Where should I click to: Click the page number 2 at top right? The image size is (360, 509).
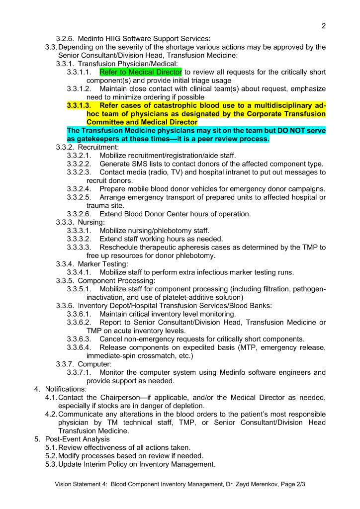324,26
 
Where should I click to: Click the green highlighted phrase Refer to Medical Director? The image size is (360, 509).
141,72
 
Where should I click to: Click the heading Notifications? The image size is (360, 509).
66,389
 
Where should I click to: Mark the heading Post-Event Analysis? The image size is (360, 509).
77,439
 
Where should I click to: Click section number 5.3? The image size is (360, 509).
51,464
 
